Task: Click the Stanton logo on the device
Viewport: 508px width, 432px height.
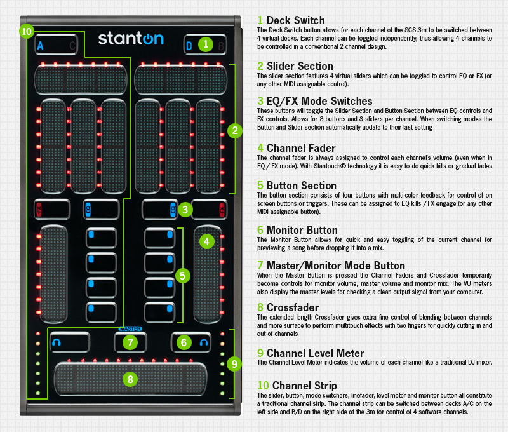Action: click(x=131, y=39)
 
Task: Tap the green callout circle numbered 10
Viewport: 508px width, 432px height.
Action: click(x=27, y=31)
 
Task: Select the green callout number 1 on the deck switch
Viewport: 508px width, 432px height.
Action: click(x=205, y=44)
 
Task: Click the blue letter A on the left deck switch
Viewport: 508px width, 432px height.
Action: click(x=40, y=46)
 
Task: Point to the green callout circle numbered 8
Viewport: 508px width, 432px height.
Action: click(x=130, y=379)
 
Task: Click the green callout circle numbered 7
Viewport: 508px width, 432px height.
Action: click(x=130, y=342)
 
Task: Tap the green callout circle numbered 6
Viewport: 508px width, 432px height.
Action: click(x=184, y=342)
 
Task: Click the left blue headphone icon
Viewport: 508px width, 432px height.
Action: click(x=57, y=342)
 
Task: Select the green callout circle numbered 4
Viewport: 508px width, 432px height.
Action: click(x=207, y=241)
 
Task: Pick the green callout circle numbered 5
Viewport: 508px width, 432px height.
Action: click(x=182, y=276)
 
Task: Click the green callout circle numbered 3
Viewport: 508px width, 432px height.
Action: click(x=185, y=210)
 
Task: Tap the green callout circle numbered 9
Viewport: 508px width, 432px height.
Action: click(x=234, y=364)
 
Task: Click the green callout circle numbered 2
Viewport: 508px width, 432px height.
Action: click(x=235, y=131)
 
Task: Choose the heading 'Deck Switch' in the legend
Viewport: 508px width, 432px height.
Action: click(x=295, y=20)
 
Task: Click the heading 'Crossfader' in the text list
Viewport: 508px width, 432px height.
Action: click(x=293, y=307)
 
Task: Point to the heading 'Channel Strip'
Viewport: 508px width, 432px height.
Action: click(x=305, y=386)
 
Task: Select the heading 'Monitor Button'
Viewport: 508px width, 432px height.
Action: click(x=302, y=230)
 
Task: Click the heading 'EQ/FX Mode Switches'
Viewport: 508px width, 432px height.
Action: click(x=319, y=101)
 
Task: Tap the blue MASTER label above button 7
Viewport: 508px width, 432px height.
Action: click(x=130, y=328)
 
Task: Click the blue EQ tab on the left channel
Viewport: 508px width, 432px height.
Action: click(x=88, y=210)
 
